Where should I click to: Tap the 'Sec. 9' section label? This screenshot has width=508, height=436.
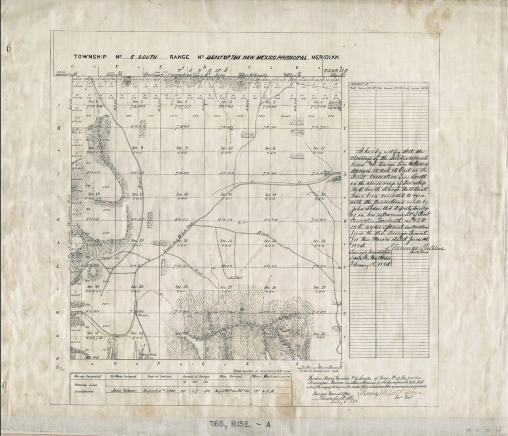pos(182,148)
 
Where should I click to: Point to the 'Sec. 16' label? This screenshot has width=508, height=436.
pos(182,195)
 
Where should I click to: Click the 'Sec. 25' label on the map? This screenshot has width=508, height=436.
pos(320,287)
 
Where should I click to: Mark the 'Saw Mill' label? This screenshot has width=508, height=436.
pos(234,277)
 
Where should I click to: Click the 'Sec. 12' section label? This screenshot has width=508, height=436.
pos(319,148)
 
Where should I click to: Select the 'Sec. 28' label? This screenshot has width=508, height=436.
pos(182,287)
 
